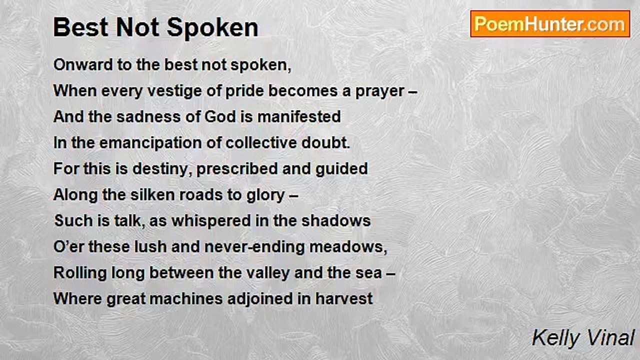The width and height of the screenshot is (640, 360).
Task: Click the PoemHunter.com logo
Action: (550, 24)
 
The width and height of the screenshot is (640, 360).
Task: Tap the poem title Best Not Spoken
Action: (155, 27)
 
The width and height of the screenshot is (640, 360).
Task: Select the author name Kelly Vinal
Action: (583, 338)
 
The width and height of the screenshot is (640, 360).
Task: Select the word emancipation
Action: (157, 143)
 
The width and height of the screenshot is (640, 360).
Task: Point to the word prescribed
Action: (237, 169)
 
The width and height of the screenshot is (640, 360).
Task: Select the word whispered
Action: (211, 221)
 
